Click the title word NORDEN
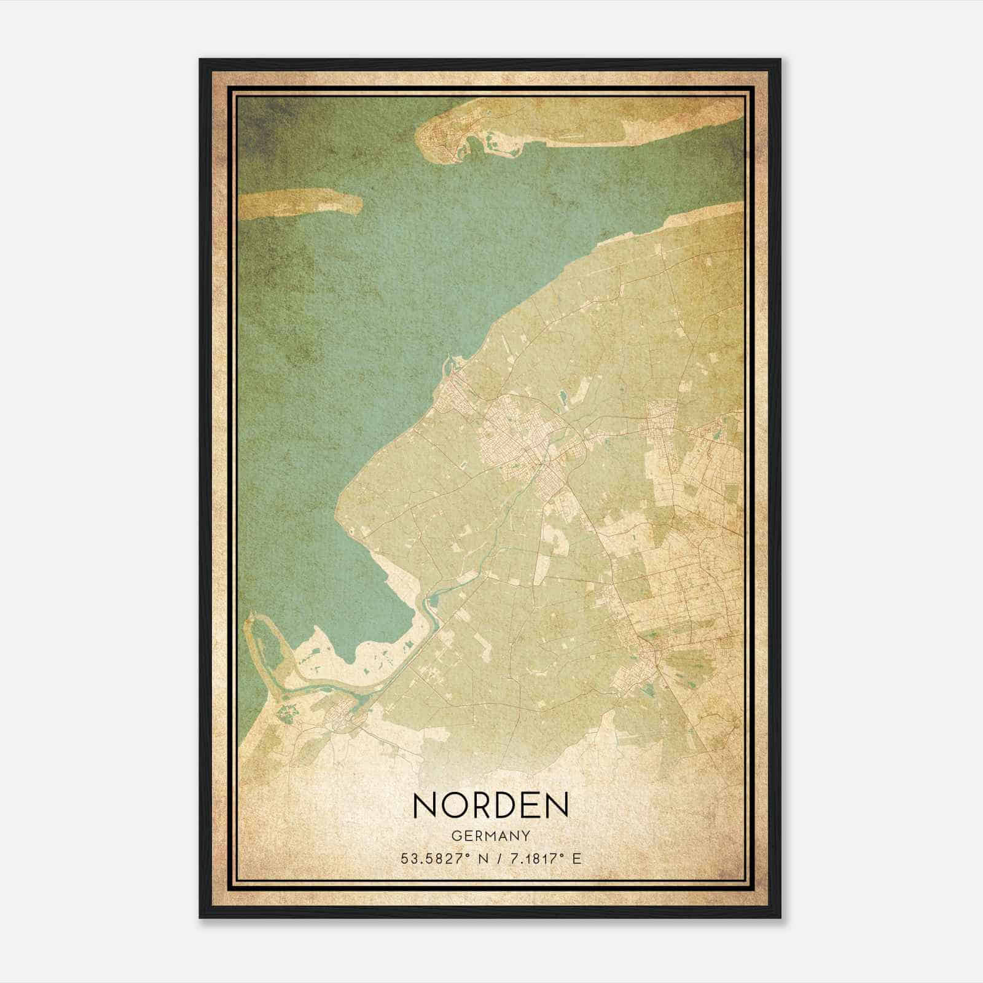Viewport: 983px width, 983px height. pos(491,805)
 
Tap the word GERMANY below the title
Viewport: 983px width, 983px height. pos(490,836)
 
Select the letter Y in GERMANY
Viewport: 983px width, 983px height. pos(525,836)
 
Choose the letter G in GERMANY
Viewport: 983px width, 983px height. pos(455,836)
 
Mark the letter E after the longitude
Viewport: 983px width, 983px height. pos(576,859)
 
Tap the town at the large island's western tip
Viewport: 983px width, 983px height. pos(437,143)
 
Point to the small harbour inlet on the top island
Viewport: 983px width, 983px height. pos(474,147)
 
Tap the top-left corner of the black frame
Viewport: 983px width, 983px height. pos(200,60)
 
